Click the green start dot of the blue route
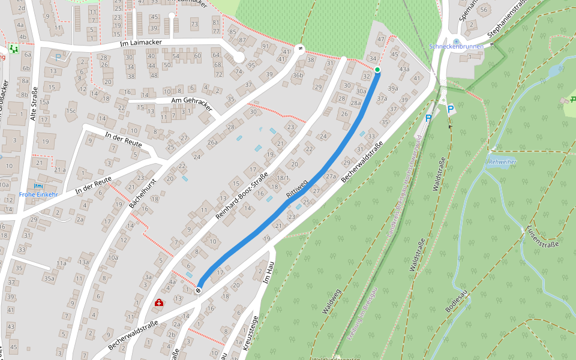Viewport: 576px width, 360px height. [x=377, y=70]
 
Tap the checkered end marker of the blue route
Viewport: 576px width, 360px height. [x=198, y=290]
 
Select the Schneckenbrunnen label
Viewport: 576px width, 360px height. [x=455, y=46]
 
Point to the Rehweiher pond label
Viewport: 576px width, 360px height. [x=502, y=162]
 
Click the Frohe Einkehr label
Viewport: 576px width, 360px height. [x=38, y=194]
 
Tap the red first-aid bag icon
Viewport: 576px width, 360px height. [x=158, y=303]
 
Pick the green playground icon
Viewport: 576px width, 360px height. [x=14, y=48]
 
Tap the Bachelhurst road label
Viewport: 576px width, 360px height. [x=142, y=193]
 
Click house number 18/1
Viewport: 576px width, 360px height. [x=283, y=178]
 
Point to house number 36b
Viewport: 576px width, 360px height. [x=298, y=75]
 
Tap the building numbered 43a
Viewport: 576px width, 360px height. [x=404, y=68]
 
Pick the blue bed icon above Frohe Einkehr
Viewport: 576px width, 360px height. [x=39, y=186]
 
